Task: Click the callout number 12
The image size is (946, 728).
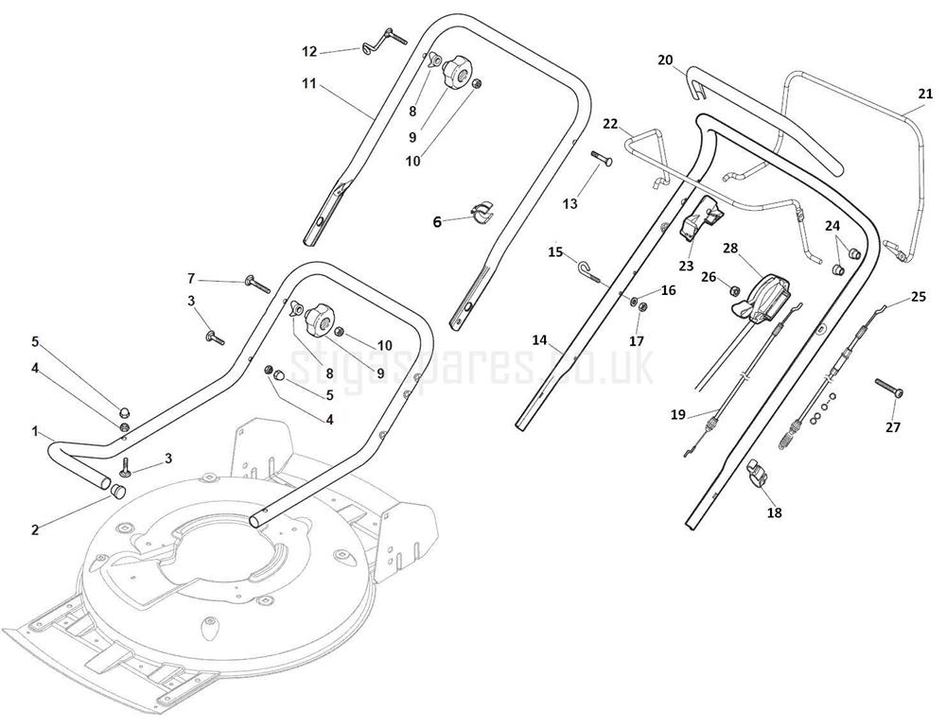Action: pyautogui.click(x=309, y=50)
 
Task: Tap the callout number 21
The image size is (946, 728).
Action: pyautogui.click(x=925, y=93)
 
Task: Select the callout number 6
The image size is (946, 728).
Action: pyautogui.click(x=437, y=222)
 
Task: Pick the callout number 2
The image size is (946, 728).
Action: pyautogui.click(x=35, y=529)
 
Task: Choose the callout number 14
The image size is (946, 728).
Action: pyautogui.click(x=539, y=339)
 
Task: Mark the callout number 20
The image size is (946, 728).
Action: pyautogui.click(x=665, y=60)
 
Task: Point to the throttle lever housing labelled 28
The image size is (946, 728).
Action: pyautogui.click(x=768, y=297)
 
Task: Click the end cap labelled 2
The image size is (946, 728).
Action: pyautogui.click(x=119, y=492)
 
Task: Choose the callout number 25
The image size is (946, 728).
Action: pyautogui.click(x=918, y=297)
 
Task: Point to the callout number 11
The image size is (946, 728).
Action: pyautogui.click(x=309, y=83)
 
